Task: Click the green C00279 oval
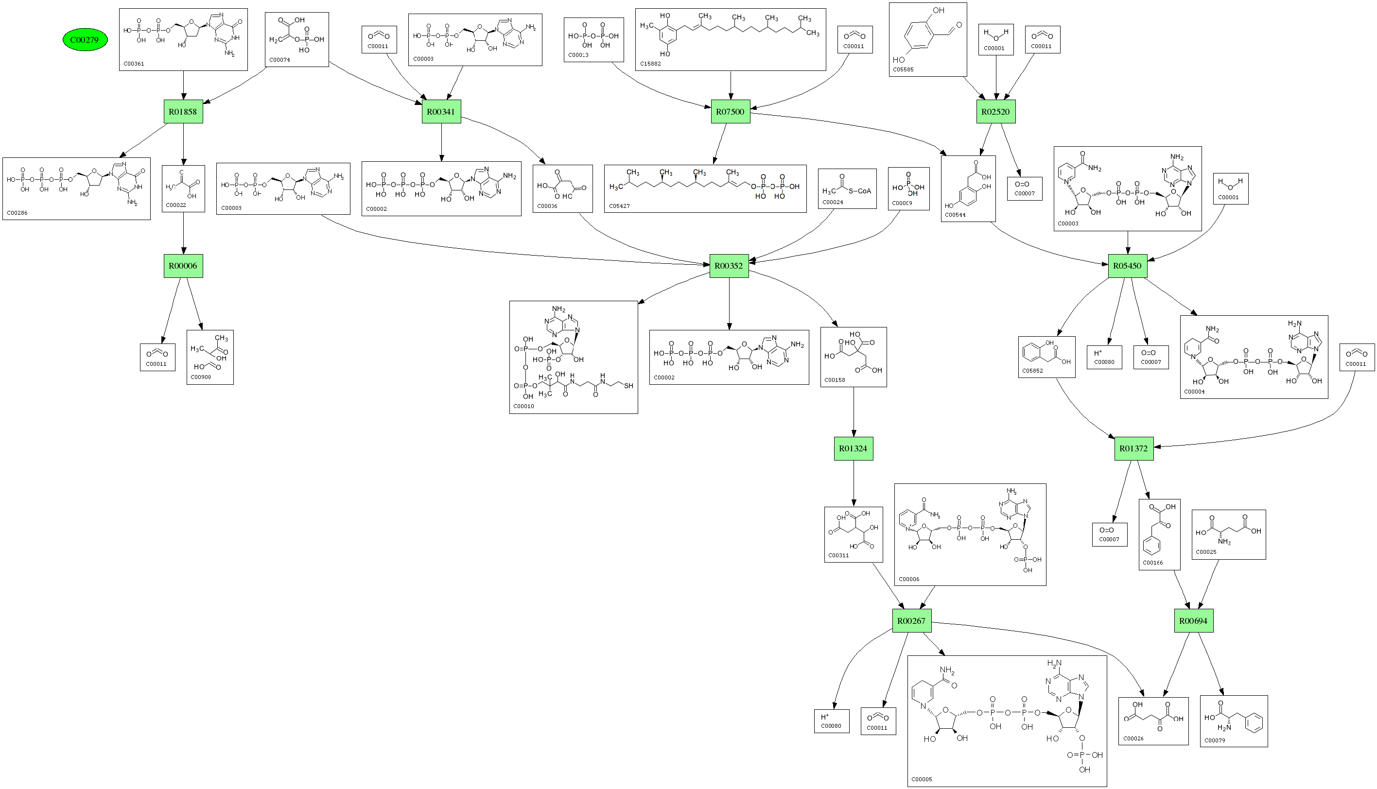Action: (x=85, y=39)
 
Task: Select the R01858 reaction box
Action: (x=183, y=112)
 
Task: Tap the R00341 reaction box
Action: (x=441, y=112)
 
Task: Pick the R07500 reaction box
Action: (x=730, y=112)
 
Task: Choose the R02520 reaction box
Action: (x=996, y=112)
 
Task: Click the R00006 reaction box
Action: (x=183, y=266)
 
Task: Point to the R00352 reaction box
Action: (x=729, y=266)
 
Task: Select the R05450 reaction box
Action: (x=1128, y=266)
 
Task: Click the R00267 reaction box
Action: (x=912, y=620)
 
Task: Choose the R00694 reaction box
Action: (x=1194, y=620)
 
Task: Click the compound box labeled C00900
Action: (x=210, y=357)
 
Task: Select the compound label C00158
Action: (x=835, y=380)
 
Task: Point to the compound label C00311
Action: (x=838, y=555)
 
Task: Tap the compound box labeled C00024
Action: (x=847, y=189)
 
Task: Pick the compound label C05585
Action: (x=903, y=69)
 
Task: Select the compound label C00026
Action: (x=1133, y=738)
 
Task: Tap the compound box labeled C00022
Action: (x=183, y=189)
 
